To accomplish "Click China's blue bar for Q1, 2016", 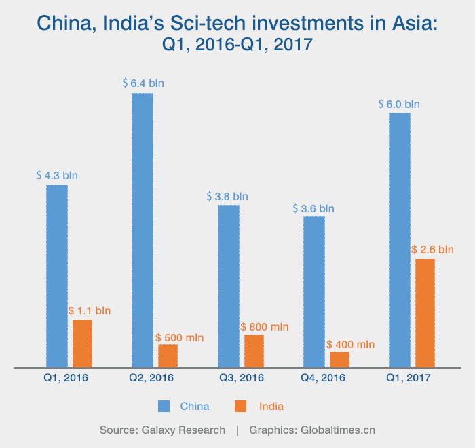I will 57,275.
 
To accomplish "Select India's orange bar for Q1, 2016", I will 82,343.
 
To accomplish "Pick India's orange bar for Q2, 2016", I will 168,355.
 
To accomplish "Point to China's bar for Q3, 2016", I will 229,286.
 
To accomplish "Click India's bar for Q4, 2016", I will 339,359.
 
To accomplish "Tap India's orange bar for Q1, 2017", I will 425,312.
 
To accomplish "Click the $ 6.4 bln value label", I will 143,83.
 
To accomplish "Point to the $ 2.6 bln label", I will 432,249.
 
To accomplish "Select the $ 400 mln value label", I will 350,345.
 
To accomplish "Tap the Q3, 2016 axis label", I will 242,378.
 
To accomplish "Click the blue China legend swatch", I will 164,407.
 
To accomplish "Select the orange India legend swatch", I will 240,407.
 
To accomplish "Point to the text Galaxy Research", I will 184,430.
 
